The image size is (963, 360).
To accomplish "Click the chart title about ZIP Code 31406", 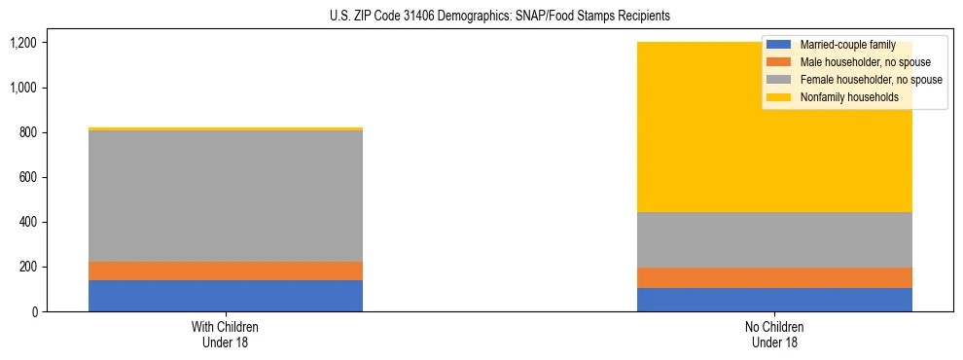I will pyautogui.click(x=481, y=17).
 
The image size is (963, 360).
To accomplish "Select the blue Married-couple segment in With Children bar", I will pyautogui.click(x=226, y=296).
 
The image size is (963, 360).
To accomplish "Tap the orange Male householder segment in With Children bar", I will pyautogui.click(x=226, y=270).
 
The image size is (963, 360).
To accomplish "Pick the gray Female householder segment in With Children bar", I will pyautogui.click(x=226, y=196).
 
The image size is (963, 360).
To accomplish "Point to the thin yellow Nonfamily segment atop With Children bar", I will pyautogui.click(x=226, y=128).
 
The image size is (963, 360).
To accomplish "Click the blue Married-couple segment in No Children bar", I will pyautogui.click(x=774, y=300).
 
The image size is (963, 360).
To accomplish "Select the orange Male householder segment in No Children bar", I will pyautogui.click(x=774, y=277).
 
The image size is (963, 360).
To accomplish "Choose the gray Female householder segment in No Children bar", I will pyautogui.click(x=774, y=239).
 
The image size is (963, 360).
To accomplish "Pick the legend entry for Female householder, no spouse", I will pyautogui.click(x=870, y=80).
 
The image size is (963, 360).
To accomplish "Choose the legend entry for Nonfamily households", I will pyautogui.click(x=849, y=97).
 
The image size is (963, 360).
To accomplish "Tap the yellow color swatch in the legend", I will pyautogui.click(x=780, y=97).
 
